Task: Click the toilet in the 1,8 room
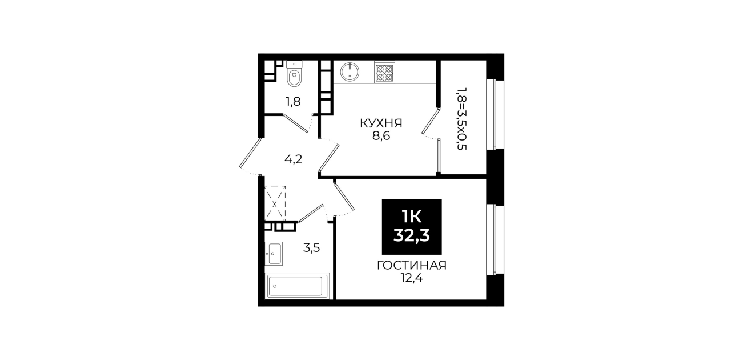(294, 74)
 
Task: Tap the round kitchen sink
(350, 71)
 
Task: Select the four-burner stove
(384, 72)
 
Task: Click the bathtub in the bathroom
(298, 285)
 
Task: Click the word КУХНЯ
(381, 123)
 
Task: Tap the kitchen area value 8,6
(381, 136)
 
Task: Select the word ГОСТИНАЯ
(412, 266)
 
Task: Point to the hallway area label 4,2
(293, 159)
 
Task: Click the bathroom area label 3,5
(311, 247)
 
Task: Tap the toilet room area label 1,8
(293, 102)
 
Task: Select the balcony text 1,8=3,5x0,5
(461, 119)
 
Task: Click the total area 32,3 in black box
(412, 236)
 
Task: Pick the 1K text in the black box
(412, 217)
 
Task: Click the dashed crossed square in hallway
(275, 203)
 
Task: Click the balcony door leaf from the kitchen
(431, 121)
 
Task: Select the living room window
(495, 240)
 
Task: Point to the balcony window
(495, 114)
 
